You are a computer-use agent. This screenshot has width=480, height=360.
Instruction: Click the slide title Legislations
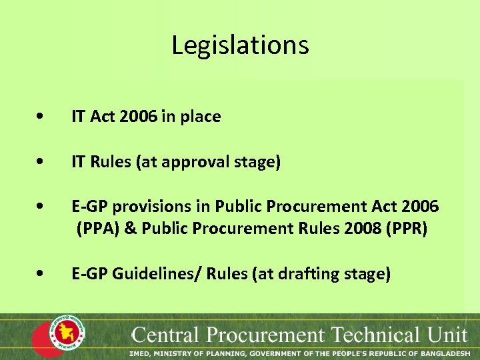pyautogui.click(x=240, y=45)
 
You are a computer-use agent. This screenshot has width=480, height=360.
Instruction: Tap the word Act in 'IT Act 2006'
pyautogui.click(x=102, y=117)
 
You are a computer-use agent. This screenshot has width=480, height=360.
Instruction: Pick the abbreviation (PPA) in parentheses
pyautogui.click(x=98, y=229)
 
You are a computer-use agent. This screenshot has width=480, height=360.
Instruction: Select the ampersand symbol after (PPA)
pyautogui.click(x=130, y=229)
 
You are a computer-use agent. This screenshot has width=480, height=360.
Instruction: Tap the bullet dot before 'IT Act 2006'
pyautogui.click(x=42, y=117)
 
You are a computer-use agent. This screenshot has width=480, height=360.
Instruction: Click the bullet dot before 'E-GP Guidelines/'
pyautogui.click(x=42, y=274)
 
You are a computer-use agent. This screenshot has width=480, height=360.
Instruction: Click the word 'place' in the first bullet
pyautogui.click(x=201, y=117)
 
